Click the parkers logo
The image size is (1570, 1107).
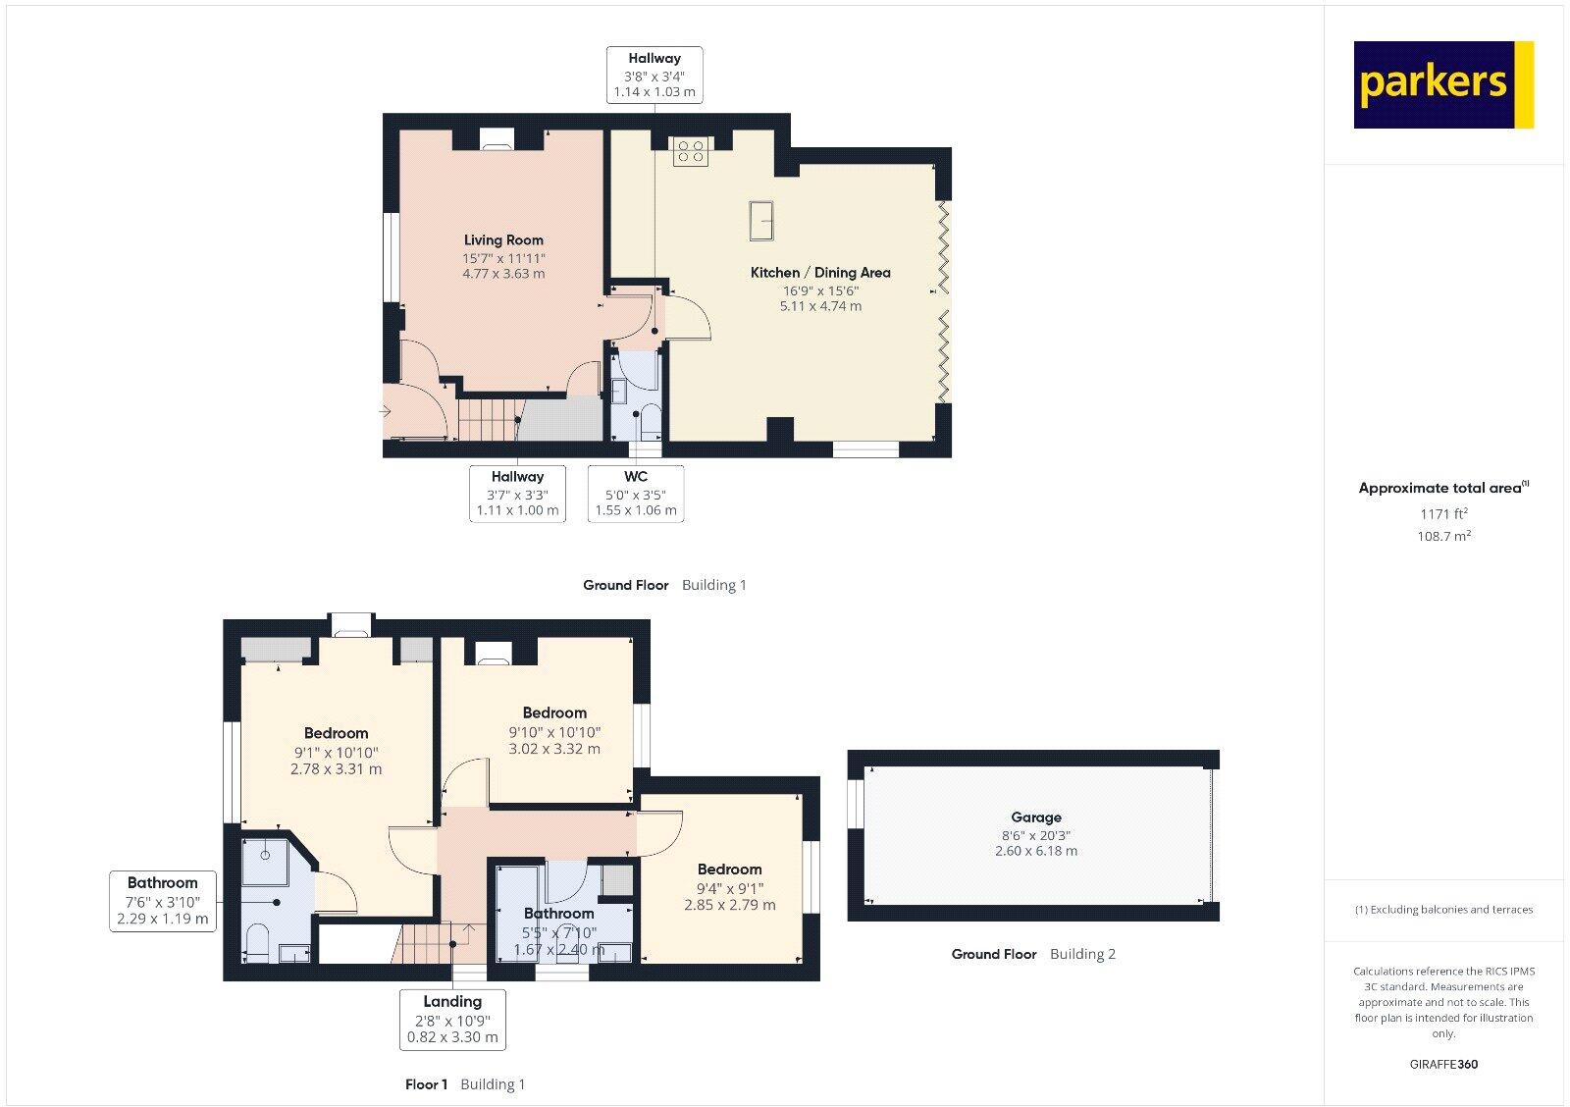pos(1442,84)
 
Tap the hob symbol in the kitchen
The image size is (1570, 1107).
pos(691,151)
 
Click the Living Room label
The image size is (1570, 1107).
pos(503,240)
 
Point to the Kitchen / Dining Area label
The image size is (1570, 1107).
pos(820,273)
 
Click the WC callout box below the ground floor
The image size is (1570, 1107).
pos(636,494)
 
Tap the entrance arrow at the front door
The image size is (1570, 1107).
pos(388,412)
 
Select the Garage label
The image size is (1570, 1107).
pos(1036,817)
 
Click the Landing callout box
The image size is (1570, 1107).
pos(452,1019)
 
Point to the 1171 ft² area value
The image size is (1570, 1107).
pos(1443,513)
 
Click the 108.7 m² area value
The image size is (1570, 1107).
pos(1443,536)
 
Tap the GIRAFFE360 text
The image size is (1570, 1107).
pos(1443,1064)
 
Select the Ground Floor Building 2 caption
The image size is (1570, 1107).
pos(1033,954)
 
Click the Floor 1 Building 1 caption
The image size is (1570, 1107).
pos(465,1084)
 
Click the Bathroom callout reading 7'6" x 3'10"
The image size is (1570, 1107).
pos(163,901)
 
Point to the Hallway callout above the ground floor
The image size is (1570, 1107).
pos(654,75)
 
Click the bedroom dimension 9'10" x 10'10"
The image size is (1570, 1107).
pos(554,732)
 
